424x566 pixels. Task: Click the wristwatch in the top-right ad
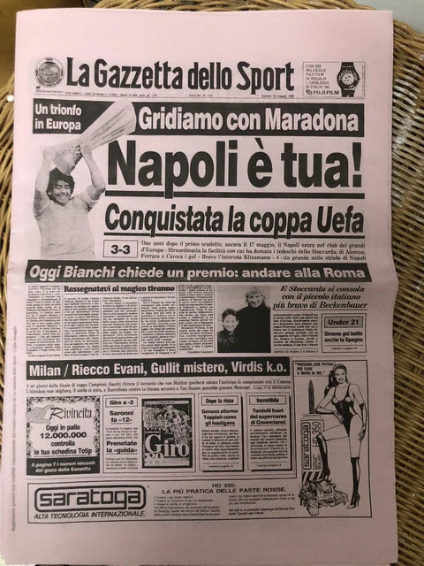click(347, 75)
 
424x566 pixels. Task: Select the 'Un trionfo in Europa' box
click(64, 116)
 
